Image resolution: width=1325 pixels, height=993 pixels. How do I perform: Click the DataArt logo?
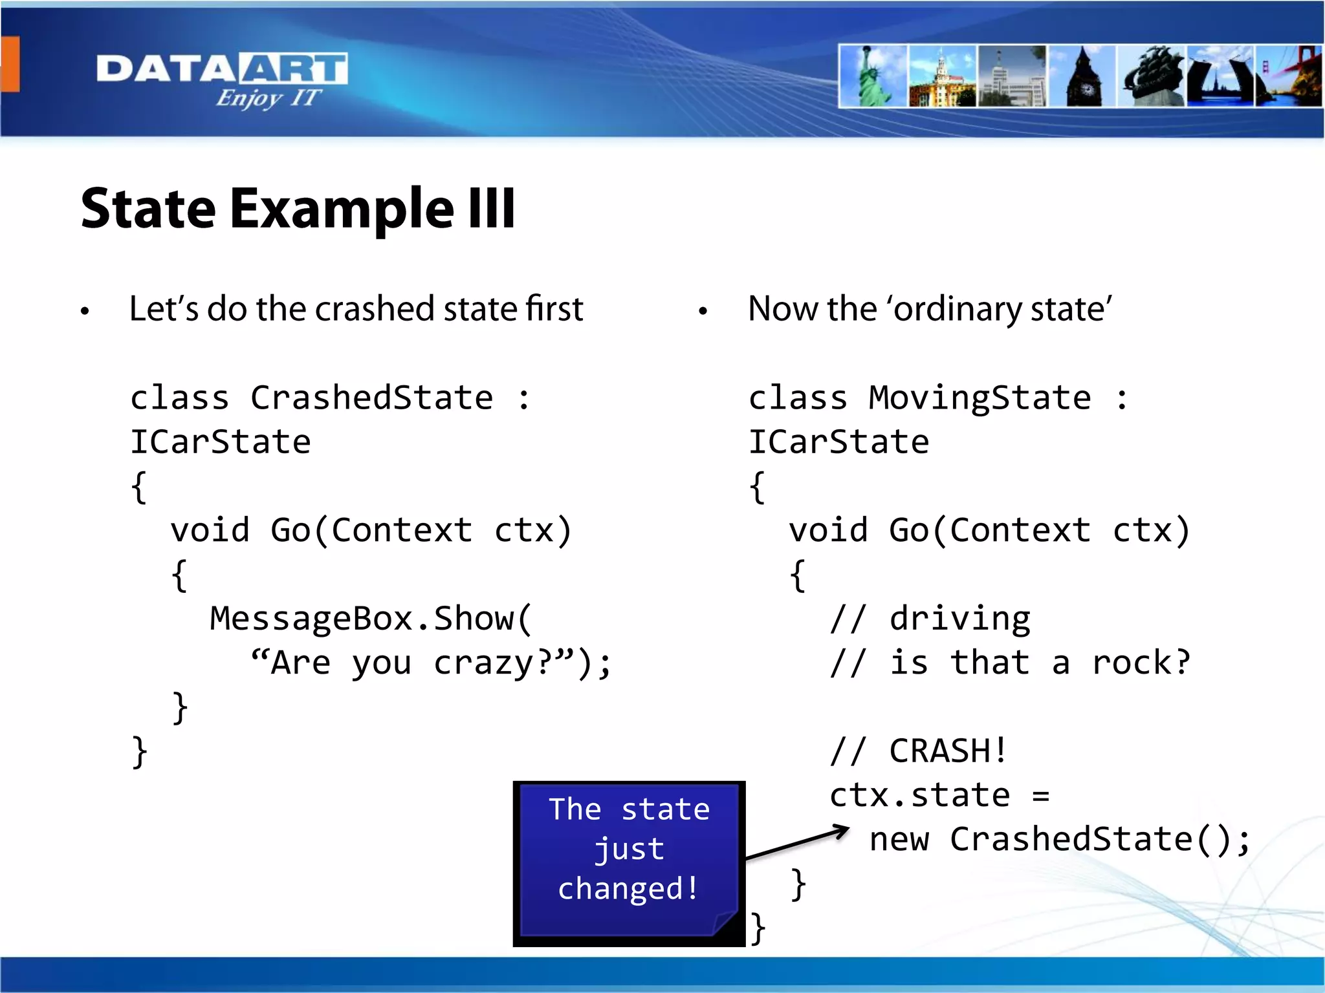pyautogui.click(x=222, y=78)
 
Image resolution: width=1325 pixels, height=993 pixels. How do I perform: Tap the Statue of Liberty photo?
pyautogui.click(x=873, y=76)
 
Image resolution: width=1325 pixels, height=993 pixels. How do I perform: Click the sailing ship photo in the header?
pyautogui.click(x=1153, y=76)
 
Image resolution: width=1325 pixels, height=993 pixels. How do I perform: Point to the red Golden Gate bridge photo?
pyautogui.click(x=1291, y=76)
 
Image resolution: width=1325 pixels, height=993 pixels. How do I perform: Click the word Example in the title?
pyautogui.click(x=342, y=209)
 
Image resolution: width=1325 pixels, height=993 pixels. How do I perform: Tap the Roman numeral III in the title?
pyautogui.click(x=492, y=208)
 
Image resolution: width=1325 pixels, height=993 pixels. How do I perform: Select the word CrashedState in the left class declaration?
pyautogui.click(x=372, y=397)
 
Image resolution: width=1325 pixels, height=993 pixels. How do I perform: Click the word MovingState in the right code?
pyautogui.click(x=980, y=397)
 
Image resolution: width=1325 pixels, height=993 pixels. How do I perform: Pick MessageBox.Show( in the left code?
pyautogui.click(x=371, y=619)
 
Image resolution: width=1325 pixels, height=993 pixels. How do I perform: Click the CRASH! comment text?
pyautogui.click(x=948, y=751)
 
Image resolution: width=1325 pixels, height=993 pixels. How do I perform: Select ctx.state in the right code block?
pyautogui.click(x=919, y=795)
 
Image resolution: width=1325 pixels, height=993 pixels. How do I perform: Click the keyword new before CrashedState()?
pyautogui.click(x=899, y=839)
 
